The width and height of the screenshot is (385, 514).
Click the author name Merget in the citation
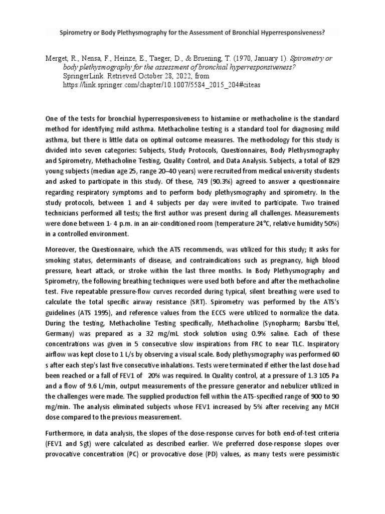(x=57, y=59)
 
